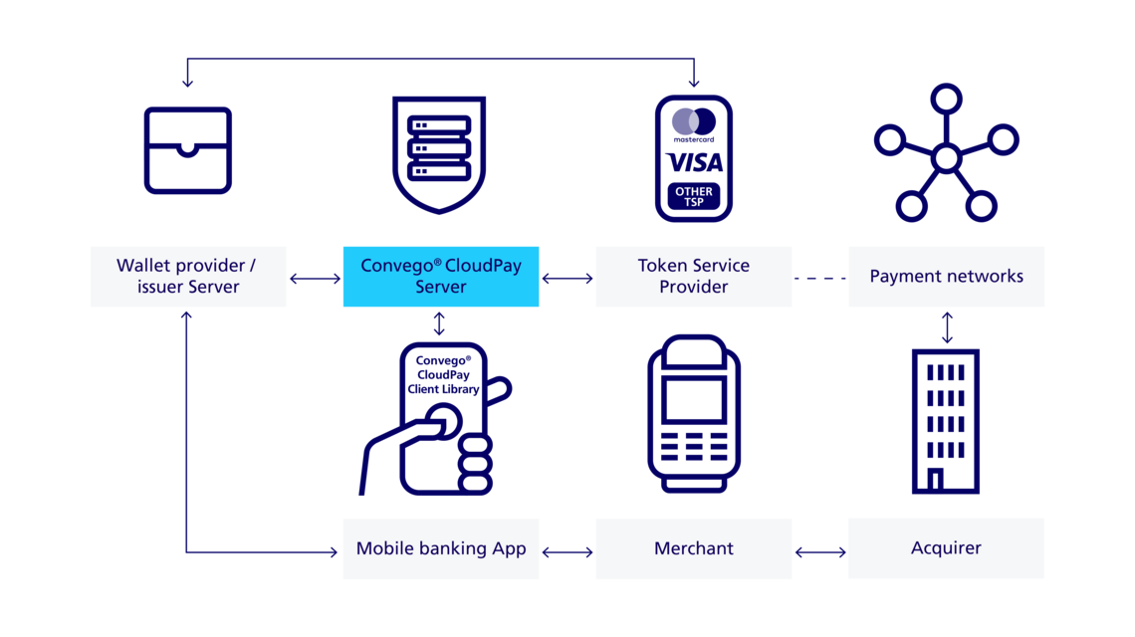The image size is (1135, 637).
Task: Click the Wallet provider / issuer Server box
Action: click(188, 277)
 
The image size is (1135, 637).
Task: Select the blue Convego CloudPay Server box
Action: click(441, 277)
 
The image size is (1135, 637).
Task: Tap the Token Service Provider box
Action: click(694, 277)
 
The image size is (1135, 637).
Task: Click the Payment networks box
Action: click(946, 277)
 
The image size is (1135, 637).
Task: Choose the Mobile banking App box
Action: click(441, 548)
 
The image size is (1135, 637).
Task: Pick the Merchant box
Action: click(694, 548)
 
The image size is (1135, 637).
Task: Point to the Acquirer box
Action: click(946, 548)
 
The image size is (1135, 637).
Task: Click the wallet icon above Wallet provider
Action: click(188, 150)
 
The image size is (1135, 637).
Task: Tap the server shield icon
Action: click(439, 153)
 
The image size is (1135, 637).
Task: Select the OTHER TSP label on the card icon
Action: click(694, 196)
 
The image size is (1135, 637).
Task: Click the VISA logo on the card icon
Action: click(694, 162)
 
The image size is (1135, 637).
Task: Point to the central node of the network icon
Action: click(946, 158)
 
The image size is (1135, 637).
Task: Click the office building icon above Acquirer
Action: click(946, 420)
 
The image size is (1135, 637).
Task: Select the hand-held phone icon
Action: click(441, 418)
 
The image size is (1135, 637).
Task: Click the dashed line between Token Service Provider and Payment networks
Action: click(819, 278)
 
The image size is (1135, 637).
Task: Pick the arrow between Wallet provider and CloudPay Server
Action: click(315, 279)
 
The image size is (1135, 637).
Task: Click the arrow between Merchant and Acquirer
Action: click(819, 549)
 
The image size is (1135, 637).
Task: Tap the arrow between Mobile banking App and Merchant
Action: click(567, 549)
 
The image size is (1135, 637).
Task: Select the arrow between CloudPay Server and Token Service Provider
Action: click(567, 279)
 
